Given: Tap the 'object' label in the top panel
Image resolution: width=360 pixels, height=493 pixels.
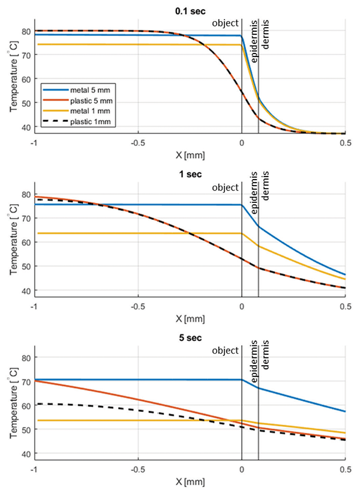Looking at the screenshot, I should tap(226, 23).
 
